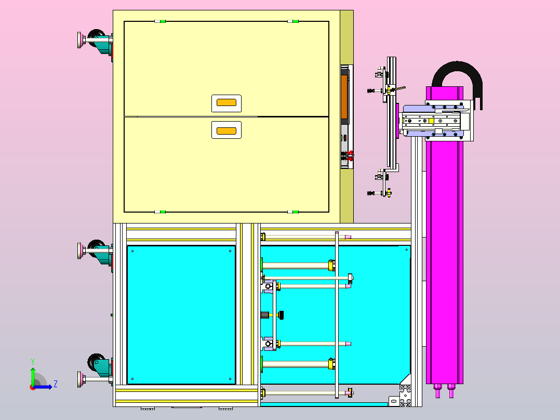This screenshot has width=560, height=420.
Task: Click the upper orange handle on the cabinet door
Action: pos(226,102)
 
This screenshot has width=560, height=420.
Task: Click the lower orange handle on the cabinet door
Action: pos(226,131)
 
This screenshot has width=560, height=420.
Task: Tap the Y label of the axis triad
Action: pos(33,361)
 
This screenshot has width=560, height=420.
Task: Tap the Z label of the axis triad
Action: pos(56,384)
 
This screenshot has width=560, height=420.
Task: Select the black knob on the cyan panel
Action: pos(281,315)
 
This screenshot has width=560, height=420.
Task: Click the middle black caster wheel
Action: pos(96,247)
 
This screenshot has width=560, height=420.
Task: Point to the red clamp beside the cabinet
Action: pos(350,155)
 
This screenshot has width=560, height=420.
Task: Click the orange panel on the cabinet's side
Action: pos(344,97)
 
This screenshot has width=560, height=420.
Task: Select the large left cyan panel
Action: pos(181,315)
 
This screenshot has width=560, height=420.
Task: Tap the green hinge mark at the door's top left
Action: pos(163,21)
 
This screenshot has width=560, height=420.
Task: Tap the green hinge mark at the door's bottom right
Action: pos(296,212)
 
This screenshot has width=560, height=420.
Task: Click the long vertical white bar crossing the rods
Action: pos(337,314)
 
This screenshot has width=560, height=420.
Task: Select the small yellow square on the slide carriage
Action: pos(431,121)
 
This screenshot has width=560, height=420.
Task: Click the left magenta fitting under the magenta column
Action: pos(437,391)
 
